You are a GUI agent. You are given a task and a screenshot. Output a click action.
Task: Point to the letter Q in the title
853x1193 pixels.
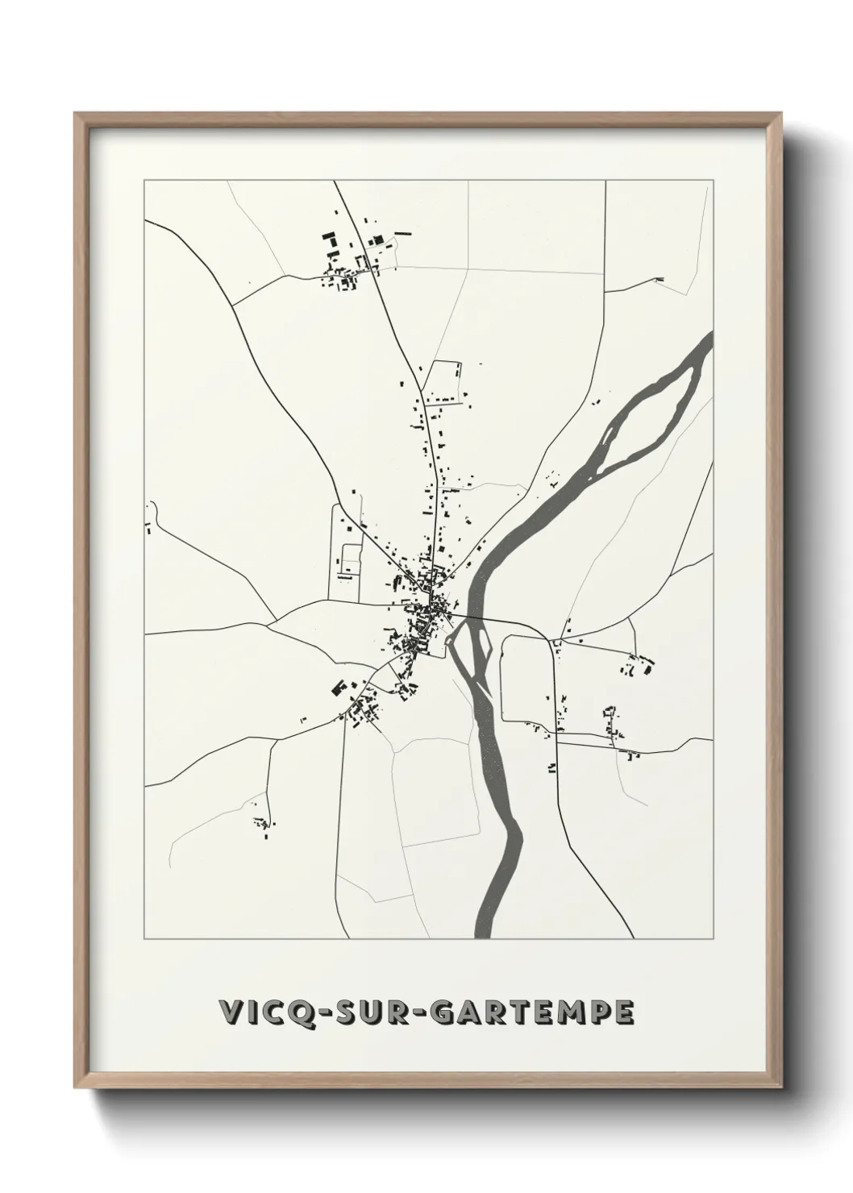[298, 1012]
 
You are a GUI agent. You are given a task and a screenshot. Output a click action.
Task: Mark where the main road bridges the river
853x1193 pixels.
[468, 618]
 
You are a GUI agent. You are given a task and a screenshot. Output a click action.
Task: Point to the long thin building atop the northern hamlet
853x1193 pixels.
[402, 232]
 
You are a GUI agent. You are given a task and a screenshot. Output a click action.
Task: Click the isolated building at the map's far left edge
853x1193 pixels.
[148, 529]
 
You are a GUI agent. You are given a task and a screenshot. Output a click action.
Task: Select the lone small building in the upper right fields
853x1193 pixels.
[660, 279]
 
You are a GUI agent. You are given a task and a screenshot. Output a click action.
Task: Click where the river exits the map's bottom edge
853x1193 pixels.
[485, 933]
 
